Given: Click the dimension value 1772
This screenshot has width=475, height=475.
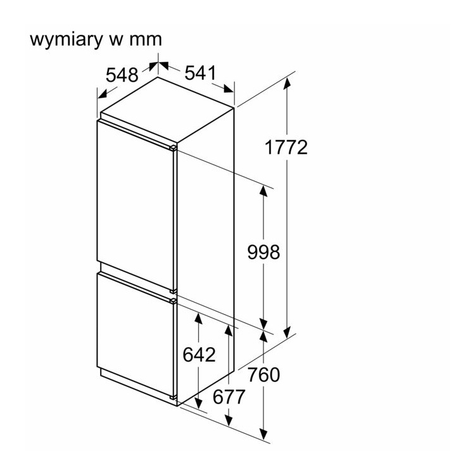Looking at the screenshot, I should tap(286, 148).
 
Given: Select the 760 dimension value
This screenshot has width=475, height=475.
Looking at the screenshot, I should tap(263, 375).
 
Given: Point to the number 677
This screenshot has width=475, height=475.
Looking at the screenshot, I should tap(229, 397).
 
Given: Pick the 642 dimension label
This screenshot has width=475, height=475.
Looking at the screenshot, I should tap(199, 355).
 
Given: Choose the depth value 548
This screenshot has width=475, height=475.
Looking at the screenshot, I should tap(122, 75).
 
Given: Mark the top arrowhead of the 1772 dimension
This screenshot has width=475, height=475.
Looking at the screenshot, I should tap(288, 81).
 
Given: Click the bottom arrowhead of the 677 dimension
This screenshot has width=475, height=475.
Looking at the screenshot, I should tap(229, 421).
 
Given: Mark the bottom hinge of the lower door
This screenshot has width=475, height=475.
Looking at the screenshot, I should tap(174, 397).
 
